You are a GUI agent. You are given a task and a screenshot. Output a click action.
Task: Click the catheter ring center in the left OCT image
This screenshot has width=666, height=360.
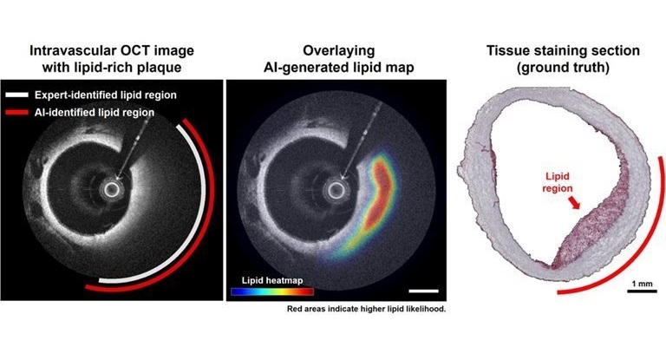pyautogui.click(x=110, y=188)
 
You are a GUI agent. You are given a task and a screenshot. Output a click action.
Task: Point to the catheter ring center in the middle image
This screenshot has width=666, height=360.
pyautogui.click(x=332, y=188)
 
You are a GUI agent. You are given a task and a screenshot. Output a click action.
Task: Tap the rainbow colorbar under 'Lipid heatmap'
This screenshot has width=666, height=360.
pyautogui.click(x=271, y=291)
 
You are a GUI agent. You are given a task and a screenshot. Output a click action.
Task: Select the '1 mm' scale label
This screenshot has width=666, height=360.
pyautogui.click(x=641, y=283)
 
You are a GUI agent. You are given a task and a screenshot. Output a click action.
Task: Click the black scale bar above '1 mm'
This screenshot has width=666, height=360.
pyautogui.click(x=641, y=291)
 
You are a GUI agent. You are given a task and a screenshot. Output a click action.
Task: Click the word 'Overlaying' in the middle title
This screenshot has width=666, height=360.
pyautogui.click(x=333, y=49)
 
